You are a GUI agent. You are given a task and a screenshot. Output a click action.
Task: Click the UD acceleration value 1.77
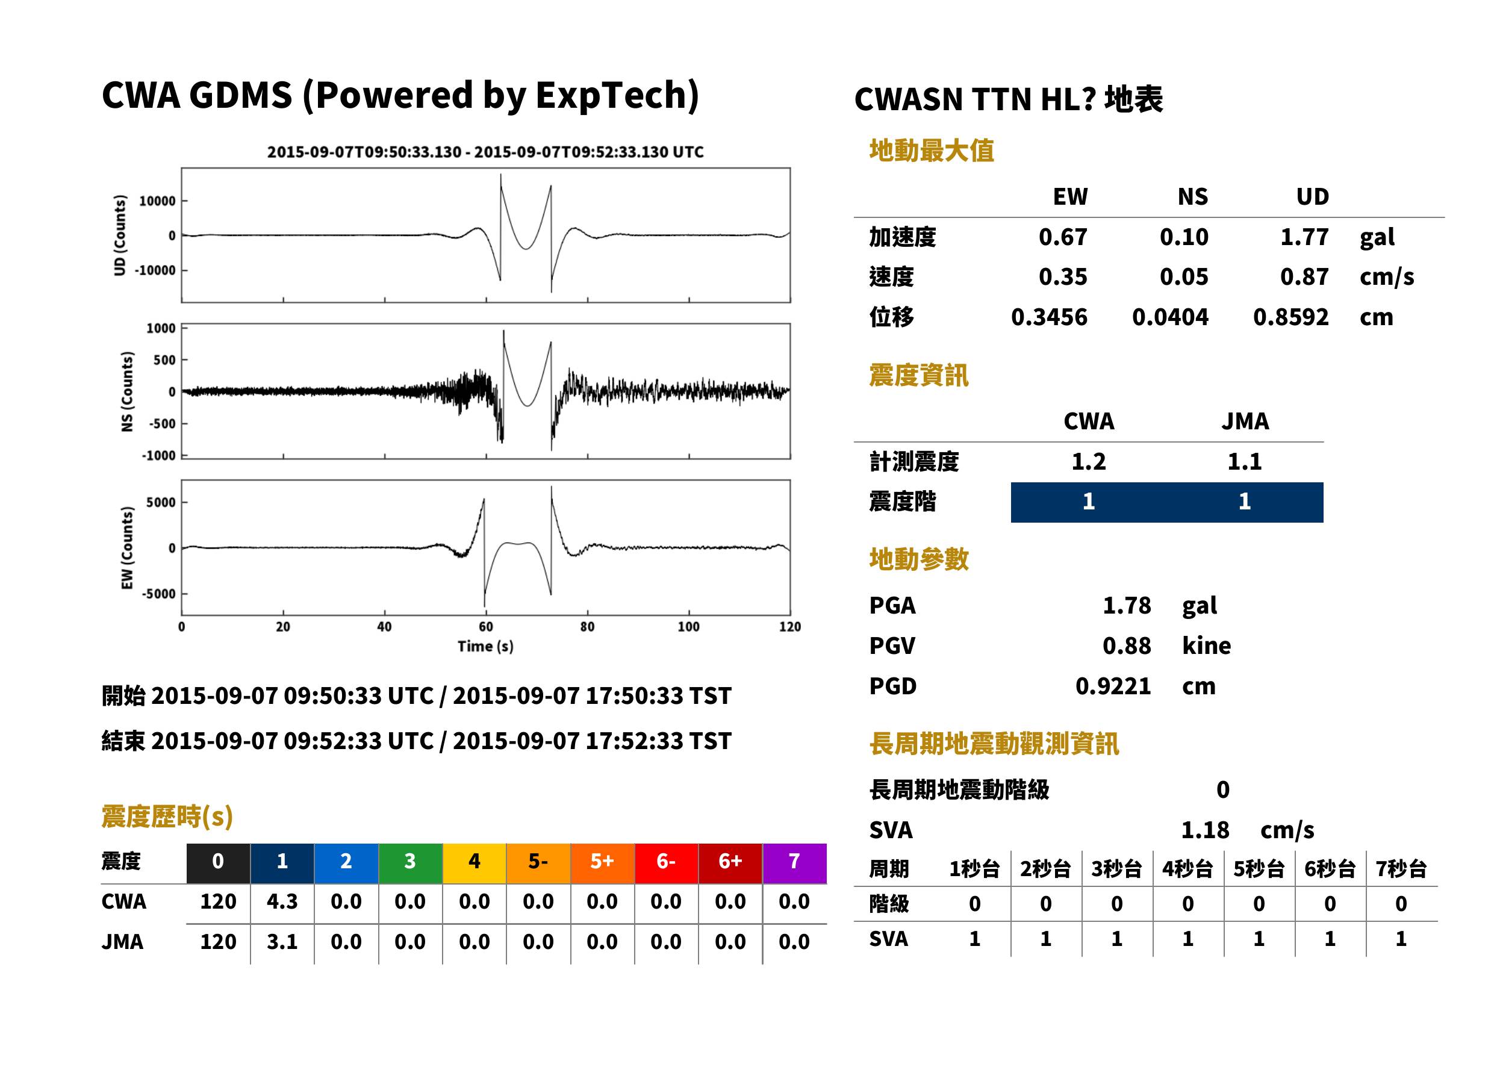[x=1304, y=237]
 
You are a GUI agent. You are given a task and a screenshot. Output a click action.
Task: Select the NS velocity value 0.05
[x=1184, y=277]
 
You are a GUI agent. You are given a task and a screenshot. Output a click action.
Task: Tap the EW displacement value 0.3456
[x=1049, y=317]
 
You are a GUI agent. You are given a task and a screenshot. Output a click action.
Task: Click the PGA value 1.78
[x=1127, y=605]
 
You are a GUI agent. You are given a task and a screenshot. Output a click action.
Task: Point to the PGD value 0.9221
[x=1113, y=686]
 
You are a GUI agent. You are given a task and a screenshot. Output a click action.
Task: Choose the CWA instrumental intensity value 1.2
[x=1089, y=462]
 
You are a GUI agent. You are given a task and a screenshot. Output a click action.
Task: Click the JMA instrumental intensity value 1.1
[x=1244, y=462]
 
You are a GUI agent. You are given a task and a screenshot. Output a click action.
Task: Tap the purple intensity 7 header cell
[x=794, y=863]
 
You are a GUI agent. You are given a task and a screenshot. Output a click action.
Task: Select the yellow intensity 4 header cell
[x=475, y=863]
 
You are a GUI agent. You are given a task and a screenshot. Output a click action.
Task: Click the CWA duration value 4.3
[x=282, y=901]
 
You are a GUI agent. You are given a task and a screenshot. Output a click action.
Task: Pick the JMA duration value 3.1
[x=282, y=942]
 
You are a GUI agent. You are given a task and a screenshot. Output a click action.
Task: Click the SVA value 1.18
[x=1205, y=830]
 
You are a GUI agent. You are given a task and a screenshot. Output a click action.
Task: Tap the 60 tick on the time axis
[x=485, y=627]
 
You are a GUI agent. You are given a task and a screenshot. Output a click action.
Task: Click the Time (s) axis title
[x=485, y=647]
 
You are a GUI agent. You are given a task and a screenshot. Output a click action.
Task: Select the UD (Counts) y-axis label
[x=120, y=235]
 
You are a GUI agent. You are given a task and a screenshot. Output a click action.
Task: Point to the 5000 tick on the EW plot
[x=161, y=503]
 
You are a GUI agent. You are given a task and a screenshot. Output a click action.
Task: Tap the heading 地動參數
[x=918, y=559]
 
